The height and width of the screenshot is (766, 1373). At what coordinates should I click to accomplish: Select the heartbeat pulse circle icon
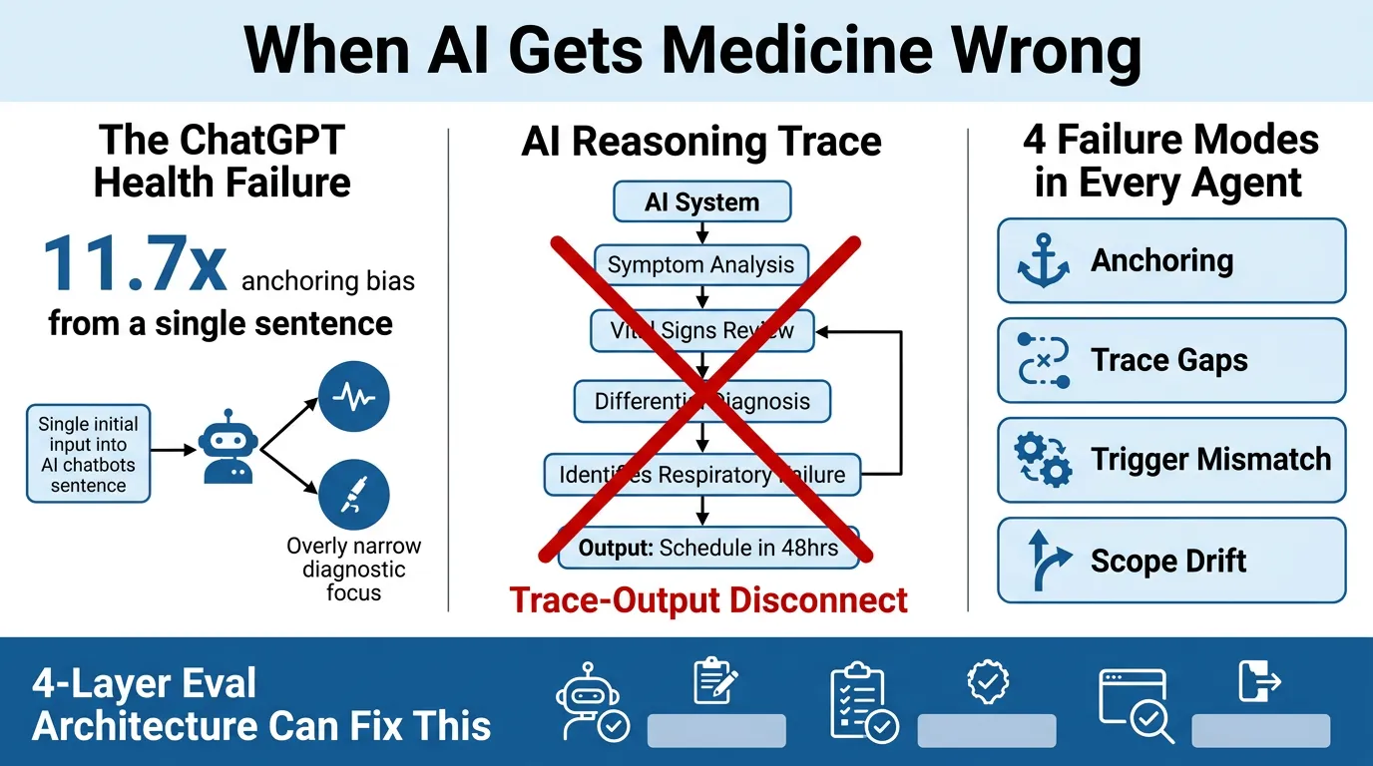[x=353, y=397]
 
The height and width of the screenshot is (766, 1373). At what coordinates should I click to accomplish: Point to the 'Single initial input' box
[x=89, y=454]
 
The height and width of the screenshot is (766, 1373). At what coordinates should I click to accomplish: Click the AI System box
[x=701, y=202]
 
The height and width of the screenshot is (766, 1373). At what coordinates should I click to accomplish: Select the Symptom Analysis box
[x=701, y=265]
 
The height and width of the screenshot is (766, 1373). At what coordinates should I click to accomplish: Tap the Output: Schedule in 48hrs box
[x=707, y=548]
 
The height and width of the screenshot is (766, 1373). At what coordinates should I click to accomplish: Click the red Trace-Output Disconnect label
[x=708, y=600]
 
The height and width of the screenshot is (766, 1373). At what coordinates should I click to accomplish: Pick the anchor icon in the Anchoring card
[x=1043, y=261]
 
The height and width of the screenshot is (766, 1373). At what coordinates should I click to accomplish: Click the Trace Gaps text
[x=1169, y=360]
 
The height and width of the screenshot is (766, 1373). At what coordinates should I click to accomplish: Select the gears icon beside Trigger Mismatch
[x=1043, y=460]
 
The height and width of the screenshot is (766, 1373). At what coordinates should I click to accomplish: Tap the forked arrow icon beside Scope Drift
[x=1043, y=561]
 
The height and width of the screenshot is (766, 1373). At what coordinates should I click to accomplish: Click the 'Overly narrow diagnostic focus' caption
[x=353, y=570]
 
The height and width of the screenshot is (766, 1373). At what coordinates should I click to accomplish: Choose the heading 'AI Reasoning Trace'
[x=701, y=142]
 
